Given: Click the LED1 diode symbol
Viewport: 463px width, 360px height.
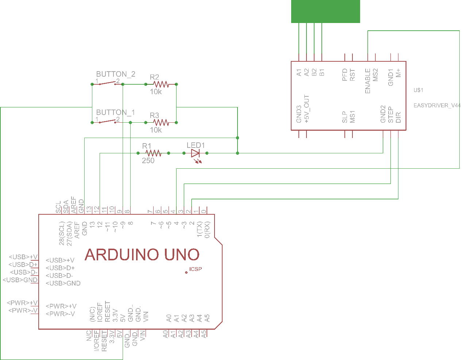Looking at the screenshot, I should (195, 153).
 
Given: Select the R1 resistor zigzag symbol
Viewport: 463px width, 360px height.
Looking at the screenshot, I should (154, 153).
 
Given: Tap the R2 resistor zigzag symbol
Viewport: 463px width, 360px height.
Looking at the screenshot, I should (161, 84).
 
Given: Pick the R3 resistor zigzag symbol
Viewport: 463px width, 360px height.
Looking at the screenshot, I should (161, 122).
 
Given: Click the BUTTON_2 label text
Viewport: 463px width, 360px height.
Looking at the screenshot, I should (116, 74).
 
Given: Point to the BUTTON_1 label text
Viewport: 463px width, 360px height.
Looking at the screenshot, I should (115, 112).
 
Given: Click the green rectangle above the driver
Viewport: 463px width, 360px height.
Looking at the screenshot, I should (325, 11).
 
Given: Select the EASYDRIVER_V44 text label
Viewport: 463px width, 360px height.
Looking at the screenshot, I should (437, 106).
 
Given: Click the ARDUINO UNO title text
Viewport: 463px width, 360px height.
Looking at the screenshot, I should (142, 255).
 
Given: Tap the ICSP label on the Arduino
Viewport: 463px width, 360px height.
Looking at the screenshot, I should (196, 269).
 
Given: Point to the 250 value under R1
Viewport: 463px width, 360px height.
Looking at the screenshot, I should (148, 161).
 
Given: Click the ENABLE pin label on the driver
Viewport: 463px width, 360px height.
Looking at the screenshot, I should (368, 81).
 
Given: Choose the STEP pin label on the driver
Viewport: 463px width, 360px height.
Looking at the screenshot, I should (390, 115).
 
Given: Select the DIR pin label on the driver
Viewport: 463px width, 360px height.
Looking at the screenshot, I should (398, 117).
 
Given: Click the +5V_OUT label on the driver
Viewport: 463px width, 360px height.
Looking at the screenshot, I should (306, 108).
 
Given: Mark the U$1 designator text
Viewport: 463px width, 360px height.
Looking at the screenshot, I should (418, 90).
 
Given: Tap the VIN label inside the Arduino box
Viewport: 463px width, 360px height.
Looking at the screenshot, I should (146, 317).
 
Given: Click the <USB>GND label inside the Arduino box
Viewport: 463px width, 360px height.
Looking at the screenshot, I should (63, 283).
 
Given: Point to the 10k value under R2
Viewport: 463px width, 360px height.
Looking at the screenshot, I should (156, 92).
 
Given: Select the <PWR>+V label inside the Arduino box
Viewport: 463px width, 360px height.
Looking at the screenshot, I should (61, 306).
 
